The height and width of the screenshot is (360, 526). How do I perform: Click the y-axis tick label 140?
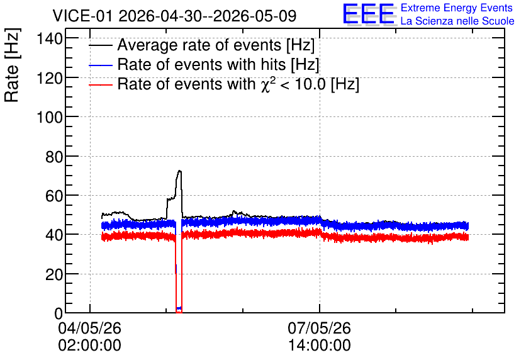click(x=50, y=39)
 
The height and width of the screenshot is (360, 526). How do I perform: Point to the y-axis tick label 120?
click(x=50, y=78)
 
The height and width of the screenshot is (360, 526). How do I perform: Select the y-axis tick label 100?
click(x=50, y=118)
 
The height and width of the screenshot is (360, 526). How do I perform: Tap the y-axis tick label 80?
click(x=54, y=157)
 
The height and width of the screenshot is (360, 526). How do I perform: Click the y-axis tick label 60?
click(x=54, y=196)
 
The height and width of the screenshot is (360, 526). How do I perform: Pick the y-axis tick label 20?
click(x=54, y=274)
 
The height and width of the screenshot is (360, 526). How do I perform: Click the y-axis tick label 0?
click(x=59, y=313)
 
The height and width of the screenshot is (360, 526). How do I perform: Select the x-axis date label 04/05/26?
click(x=89, y=328)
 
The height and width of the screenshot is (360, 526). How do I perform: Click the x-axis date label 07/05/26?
click(x=320, y=328)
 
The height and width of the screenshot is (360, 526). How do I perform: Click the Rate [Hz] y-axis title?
click(x=12, y=65)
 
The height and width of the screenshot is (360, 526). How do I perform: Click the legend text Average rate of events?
click(x=199, y=45)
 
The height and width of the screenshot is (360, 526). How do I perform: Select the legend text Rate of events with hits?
click(x=201, y=64)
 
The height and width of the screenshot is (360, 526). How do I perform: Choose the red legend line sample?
click(x=100, y=85)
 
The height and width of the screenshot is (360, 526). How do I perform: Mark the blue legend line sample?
click(x=100, y=65)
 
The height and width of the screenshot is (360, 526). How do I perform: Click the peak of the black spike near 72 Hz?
click(x=180, y=171)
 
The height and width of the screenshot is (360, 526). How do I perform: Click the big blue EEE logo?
click(x=369, y=14)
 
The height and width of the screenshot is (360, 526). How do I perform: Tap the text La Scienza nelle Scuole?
click(x=457, y=21)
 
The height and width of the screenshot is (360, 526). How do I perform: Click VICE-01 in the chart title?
click(x=82, y=16)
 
